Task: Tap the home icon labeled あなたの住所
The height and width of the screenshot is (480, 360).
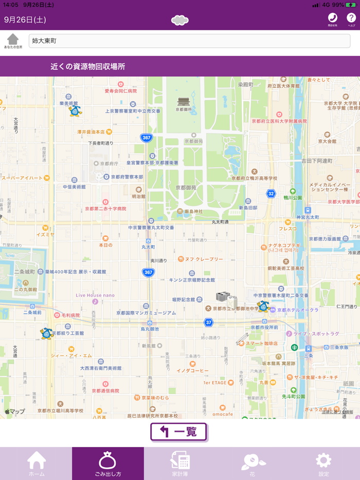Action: [x=13, y=41]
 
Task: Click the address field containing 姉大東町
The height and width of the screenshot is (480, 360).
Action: [x=189, y=41]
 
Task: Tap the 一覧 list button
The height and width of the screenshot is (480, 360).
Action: [x=178, y=432]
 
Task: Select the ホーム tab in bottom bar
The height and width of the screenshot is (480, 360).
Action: [x=36, y=463]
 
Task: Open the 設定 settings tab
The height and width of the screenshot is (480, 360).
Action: [x=323, y=463]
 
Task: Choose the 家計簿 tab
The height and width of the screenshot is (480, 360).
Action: [x=180, y=463]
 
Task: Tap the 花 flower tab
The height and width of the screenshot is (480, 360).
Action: [x=252, y=463]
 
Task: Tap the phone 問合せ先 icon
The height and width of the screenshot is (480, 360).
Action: [x=332, y=19]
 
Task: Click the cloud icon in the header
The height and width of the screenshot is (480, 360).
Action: [x=179, y=20]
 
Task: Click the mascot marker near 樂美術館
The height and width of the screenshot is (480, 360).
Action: [x=75, y=110]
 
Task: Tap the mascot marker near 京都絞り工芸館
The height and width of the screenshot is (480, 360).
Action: [x=46, y=334]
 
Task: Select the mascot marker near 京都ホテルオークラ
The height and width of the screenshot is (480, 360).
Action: [x=263, y=307]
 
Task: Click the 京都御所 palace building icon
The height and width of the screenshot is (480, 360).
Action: [x=184, y=101]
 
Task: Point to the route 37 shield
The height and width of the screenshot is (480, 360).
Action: [x=208, y=322]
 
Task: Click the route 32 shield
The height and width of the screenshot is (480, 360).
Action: [x=271, y=193]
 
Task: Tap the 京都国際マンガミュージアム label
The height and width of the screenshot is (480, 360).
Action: [x=146, y=312]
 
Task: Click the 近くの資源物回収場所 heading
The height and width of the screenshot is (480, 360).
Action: [x=87, y=67]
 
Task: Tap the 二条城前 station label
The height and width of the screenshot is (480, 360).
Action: [x=32, y=312]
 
